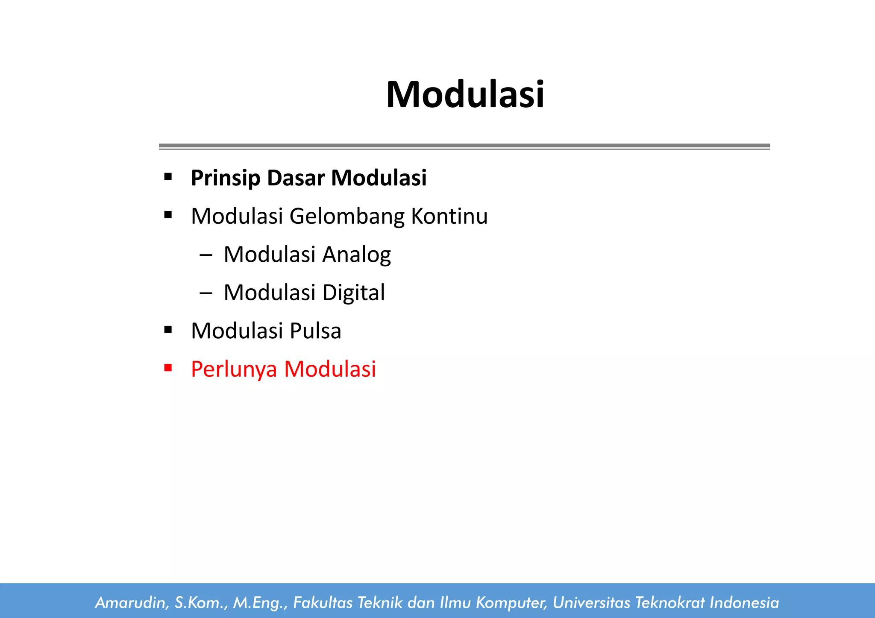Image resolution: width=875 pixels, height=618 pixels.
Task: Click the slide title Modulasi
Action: point(465,94)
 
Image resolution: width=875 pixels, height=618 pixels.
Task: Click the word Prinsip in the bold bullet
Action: point(225,178)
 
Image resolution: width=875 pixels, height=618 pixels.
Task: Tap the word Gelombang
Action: point(346,217)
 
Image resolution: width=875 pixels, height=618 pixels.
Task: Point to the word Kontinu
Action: point(449,216)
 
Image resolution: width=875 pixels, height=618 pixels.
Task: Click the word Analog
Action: point(356,255)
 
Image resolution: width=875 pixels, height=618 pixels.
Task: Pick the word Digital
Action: point(353,293)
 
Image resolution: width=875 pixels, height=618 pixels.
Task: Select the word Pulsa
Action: point(315,331)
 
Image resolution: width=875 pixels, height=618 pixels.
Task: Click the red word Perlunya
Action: point(234,369)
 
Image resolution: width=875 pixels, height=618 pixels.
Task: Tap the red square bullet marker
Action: point(168,368)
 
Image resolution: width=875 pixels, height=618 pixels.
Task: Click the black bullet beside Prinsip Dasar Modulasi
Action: point(168,177)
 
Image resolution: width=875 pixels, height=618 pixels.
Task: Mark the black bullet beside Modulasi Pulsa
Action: point(168,330)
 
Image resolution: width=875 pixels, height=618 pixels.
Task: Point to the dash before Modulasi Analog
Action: point(206,255)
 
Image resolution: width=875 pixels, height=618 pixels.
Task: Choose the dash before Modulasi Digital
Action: point(206,293)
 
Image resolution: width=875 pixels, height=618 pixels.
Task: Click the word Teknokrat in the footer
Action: point(669,603)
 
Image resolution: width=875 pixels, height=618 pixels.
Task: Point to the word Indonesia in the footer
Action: point(744,603)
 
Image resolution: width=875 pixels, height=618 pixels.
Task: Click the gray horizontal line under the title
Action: point(464,146)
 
